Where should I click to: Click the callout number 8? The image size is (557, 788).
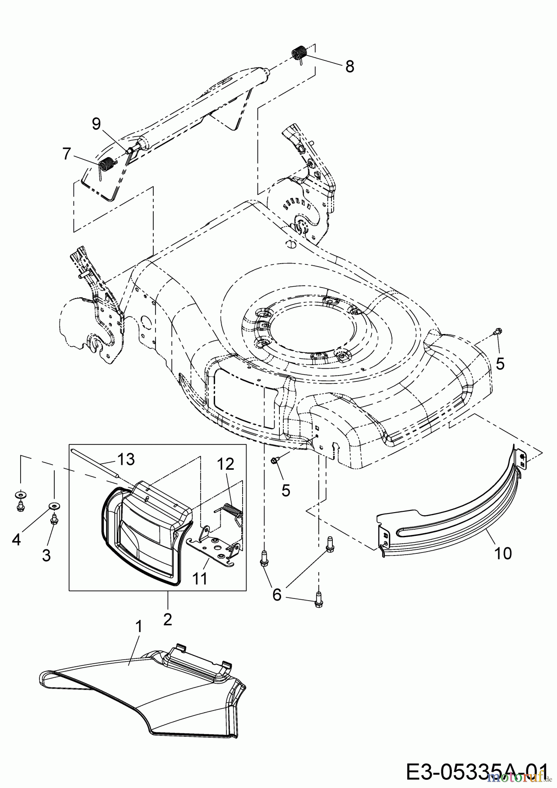[349, 67]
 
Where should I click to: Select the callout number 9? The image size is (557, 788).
[96, 124]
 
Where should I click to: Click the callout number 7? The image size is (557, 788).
[67, 154]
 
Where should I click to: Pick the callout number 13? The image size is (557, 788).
[126, 459]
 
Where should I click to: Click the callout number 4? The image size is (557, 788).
[17, 540]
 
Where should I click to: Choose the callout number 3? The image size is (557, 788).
[46, 556]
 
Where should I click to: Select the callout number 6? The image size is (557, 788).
[277, 595]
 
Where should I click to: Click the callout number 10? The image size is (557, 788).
[503, 553]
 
